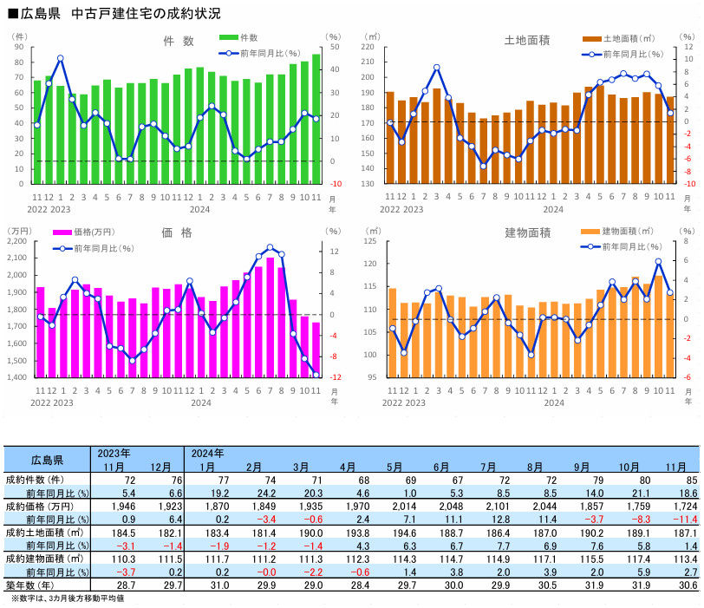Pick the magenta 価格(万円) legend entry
pos(85,232)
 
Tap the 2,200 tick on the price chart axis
pos(17,241)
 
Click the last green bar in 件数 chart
pos(316,119)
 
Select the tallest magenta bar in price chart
pos(270,317)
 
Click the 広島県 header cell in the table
pos(47,459)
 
